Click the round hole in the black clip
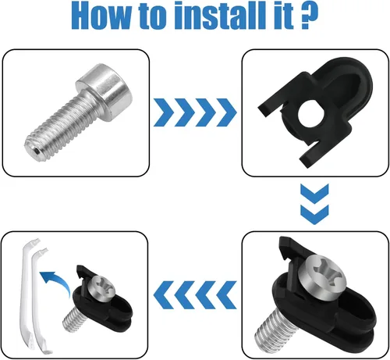[311, 114]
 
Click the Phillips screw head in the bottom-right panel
[322, 276]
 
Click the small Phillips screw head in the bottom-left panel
[103, 288]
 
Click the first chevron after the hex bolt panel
[163, 112]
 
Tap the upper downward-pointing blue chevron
[314, 194]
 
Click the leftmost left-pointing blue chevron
[163, 295]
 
